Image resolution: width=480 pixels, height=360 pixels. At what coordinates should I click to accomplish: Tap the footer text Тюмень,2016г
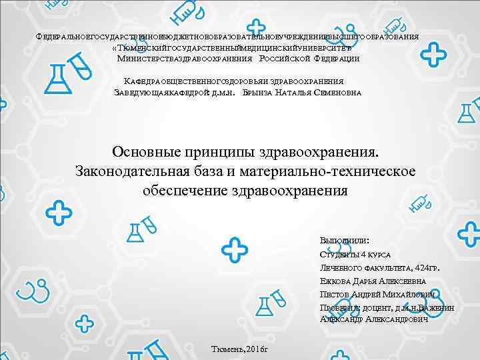(x=239, y=349)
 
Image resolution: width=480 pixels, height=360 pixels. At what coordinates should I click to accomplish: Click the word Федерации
(x=336, y=59)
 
